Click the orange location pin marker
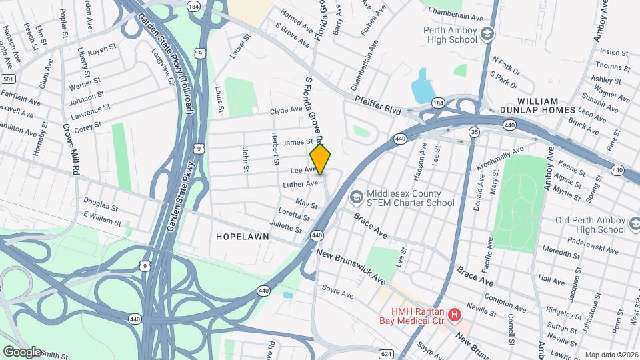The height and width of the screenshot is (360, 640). [x=320, y=160]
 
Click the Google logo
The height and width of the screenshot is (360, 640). [x=22, y=351]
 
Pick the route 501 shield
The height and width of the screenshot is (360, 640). [x=8, y=79]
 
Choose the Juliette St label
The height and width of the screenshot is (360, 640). [x=286, y=227]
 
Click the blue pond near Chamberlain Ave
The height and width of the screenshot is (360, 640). [x=422, y=87]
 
